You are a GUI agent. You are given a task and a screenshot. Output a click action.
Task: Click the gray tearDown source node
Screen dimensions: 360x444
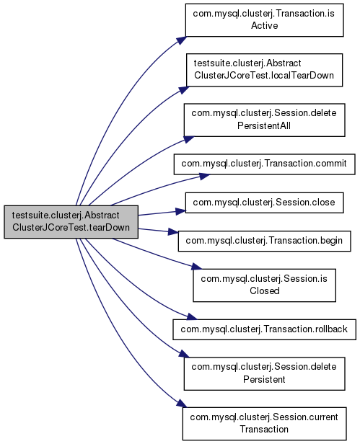71,222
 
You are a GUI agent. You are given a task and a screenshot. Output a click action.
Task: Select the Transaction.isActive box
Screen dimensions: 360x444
264,20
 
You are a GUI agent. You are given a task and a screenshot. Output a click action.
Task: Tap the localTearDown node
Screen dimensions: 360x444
264,70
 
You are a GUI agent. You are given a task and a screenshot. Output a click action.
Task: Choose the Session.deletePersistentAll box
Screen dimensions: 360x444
264,120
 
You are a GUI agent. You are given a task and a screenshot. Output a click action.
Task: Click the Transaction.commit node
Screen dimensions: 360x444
264,164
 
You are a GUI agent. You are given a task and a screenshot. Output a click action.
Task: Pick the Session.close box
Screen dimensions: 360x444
264,203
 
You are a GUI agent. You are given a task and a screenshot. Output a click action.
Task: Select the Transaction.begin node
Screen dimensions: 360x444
264,241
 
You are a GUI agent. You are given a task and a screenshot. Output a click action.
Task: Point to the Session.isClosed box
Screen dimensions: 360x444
264,285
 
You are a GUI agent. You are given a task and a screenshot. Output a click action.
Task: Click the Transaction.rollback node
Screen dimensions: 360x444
264,329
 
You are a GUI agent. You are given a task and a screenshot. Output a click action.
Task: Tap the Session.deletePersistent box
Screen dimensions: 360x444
264,373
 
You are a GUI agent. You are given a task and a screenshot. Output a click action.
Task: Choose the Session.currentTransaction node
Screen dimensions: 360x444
264,424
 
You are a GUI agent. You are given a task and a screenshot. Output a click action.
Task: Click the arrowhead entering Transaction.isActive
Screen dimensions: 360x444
181,40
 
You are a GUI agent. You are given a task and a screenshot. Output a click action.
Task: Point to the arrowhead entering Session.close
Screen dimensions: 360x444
180,211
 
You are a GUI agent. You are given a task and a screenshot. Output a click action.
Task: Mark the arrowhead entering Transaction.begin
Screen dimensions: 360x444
173,232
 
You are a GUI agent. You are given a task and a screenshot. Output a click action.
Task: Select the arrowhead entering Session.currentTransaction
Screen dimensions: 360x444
182,404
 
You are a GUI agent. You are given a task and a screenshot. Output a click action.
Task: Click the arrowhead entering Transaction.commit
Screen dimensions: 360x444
204,177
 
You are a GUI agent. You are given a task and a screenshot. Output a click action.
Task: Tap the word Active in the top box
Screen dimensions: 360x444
264,26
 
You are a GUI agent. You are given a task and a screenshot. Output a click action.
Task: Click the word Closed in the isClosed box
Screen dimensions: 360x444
265,290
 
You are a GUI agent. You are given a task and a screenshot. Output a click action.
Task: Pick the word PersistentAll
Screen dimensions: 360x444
264,125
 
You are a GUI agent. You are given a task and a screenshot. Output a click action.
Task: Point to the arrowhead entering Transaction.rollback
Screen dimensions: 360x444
191,316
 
